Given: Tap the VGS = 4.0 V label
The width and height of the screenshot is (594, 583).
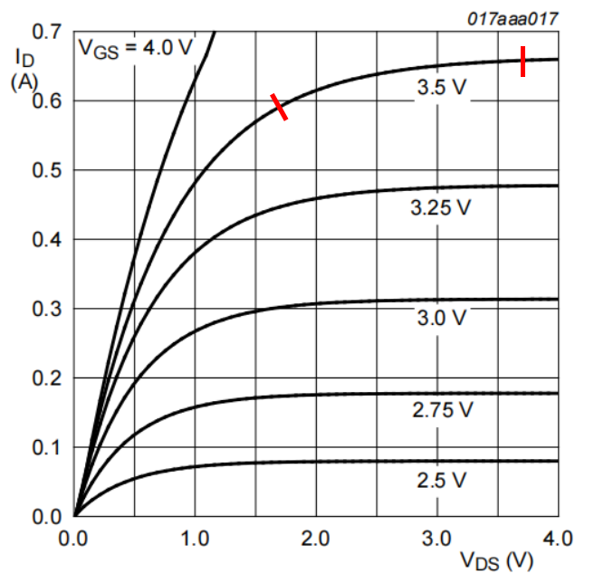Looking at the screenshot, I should coord(135,47).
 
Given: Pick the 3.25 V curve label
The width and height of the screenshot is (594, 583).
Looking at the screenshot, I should coord(440,207).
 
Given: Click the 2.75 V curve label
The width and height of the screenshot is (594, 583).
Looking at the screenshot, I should coord(442,409).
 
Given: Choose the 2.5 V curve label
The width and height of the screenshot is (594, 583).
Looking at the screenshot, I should coord(442,481).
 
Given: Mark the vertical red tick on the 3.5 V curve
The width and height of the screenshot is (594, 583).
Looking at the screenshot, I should coord(523,62).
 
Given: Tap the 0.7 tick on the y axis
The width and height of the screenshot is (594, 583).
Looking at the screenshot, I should coord(45,32).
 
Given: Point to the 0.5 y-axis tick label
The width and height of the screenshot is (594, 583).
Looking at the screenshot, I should coord(45,170).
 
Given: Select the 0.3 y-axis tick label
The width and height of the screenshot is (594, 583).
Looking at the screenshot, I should coord(45,309).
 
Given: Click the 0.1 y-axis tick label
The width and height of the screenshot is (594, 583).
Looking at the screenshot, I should coord(45,447).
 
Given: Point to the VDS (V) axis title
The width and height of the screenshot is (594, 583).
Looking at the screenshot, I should coord(497,561).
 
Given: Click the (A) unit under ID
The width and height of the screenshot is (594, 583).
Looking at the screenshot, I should coord(24,81).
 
